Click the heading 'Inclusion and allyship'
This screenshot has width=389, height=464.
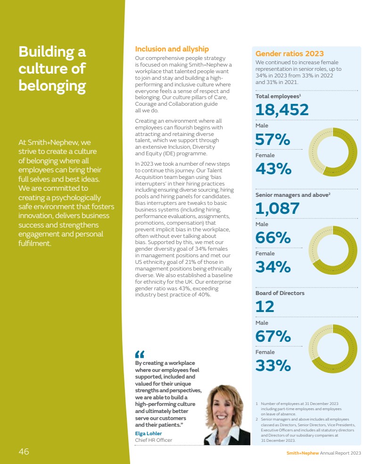pos(172,49)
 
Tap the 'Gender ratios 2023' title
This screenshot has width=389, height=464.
pos(290,53)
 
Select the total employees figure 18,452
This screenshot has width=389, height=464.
pos(282,110)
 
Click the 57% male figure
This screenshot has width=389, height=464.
pos(272,140)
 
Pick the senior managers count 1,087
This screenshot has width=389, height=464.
pos(277,208)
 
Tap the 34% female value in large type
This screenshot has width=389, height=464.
pos(273,267)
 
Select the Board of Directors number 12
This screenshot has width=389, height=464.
pos(265,307)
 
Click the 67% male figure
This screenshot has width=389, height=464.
pos(273,336)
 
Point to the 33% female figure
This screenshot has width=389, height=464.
pos(273,365)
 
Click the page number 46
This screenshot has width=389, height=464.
pos(24,452)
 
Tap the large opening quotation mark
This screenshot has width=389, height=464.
pos(140,354)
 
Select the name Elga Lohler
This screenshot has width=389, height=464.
pos(148,433)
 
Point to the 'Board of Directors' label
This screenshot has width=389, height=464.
pos(280,293)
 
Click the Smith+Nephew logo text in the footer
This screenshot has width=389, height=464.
pos(303,453)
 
